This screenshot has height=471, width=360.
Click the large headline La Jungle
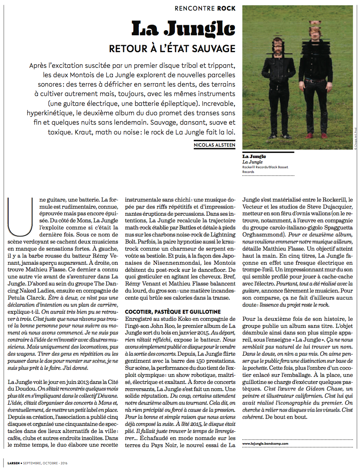coord(184,28)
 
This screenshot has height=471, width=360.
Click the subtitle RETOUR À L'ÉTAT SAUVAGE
coord(172,49)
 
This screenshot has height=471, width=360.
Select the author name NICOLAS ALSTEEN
coord(215,145)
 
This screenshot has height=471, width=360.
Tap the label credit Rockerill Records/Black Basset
coord(265,167)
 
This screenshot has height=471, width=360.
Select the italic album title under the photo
coord(252,162)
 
